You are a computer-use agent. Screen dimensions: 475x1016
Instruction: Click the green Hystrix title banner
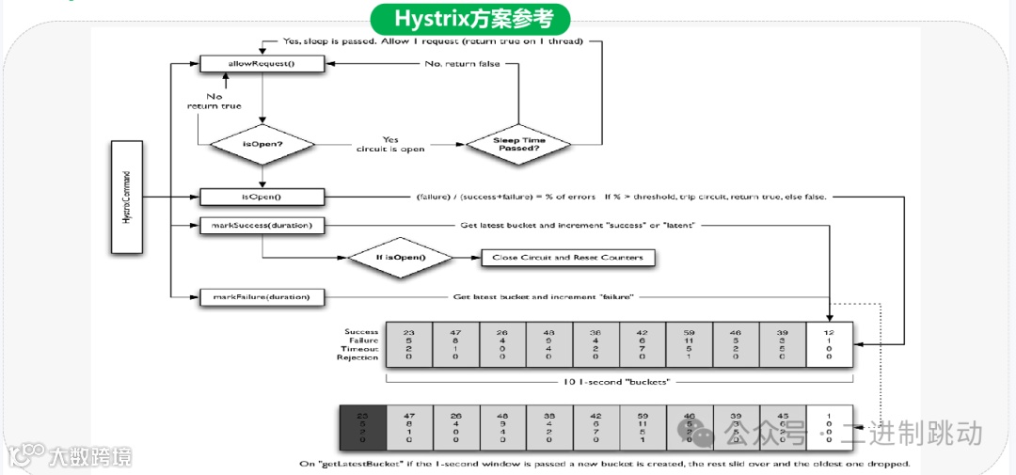[x=469, y=18]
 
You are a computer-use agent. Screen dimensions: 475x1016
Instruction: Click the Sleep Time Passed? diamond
[x=519, y=146]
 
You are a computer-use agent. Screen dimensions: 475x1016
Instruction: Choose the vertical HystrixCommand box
[x=126, y=197]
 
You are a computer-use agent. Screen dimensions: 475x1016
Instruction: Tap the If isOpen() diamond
[x=401, y=258]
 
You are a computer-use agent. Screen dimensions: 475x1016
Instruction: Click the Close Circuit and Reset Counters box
[x=568, y=258]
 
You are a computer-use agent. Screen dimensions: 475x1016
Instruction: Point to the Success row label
[x=361, y=331]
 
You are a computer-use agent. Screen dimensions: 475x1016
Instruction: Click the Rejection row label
[x=358, y=357]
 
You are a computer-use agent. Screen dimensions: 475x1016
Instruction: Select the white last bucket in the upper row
[x=830, y=344]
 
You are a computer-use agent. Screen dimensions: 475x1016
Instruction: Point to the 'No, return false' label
[x=461, y=64]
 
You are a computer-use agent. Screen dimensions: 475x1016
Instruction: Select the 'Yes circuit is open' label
[x=390, y=144]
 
